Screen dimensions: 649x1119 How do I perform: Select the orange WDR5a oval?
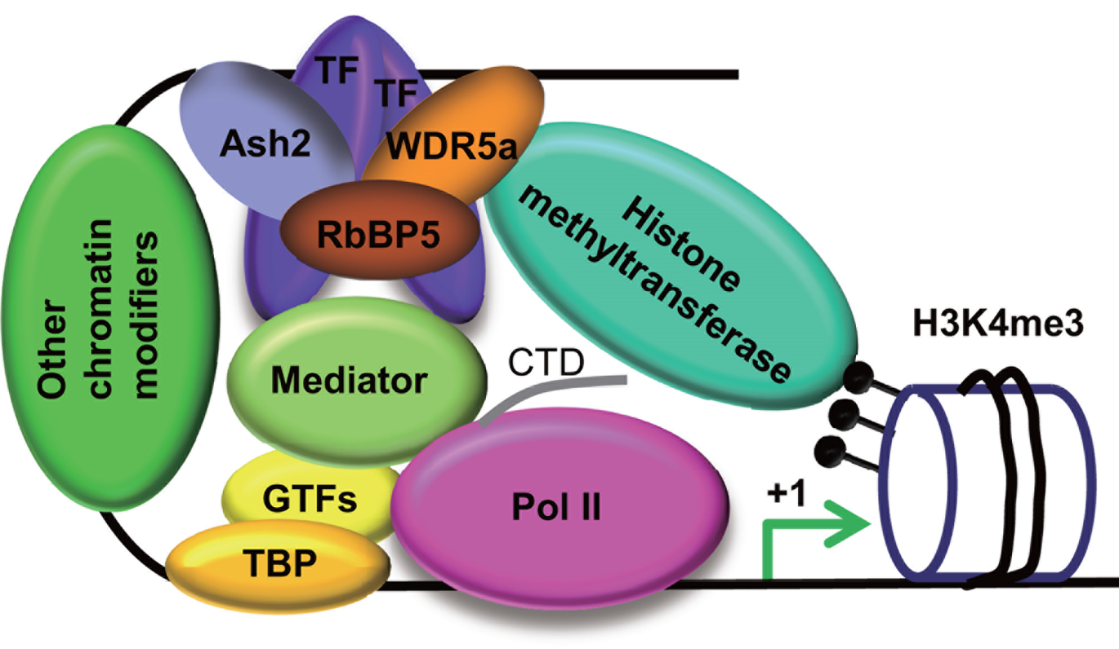tap(455, 133)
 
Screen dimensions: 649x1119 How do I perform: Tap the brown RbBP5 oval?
tap(378, 234)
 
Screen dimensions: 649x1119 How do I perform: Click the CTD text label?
tap(546, 362)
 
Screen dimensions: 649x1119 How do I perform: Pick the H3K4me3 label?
tap(997, 324)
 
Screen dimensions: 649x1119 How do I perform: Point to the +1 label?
tap(786, 493)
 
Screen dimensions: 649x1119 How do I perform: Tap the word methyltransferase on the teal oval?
tap(654, 283)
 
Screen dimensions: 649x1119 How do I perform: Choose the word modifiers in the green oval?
tap(145, 315)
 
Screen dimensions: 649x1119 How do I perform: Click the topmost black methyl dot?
tap(857, 377)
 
